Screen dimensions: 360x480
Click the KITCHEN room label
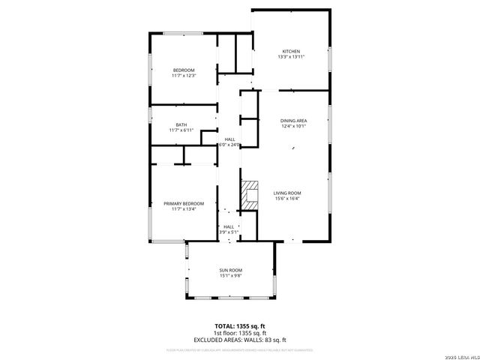click(291, 51)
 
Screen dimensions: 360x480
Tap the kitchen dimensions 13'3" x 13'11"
click(291, 57)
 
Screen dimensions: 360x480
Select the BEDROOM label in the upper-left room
click(184, 70)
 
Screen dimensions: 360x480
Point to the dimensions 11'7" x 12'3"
click(184, 76)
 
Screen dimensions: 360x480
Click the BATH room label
click(181, 124)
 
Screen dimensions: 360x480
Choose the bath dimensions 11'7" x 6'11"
click(181, 130)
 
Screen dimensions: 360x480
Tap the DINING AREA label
click(293, 120)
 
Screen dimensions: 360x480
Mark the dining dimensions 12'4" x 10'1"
click(293, 126)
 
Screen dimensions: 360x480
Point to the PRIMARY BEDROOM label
click(184, 203)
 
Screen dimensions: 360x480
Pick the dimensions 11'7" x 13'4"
click(184, 209)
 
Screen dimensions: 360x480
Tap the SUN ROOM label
click(231, 270)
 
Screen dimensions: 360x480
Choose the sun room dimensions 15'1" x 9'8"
click(231, 276)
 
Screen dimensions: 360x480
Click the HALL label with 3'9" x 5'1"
click(229, 226)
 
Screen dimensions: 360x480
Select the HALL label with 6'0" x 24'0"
click(230, 139)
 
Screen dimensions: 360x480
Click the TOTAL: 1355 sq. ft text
click(240, 326)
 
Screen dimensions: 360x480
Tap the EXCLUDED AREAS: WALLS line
click(240, 340)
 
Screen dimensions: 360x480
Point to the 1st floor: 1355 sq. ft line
click(240, 333)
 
